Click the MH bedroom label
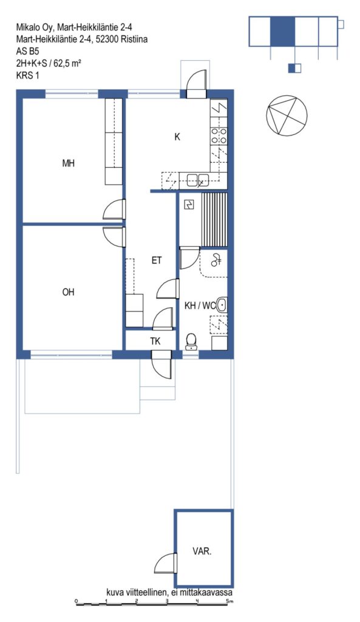point(68,163)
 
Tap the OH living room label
point(68,292)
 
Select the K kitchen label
point(177,137)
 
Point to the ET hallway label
point(157,261)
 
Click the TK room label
point(155,341)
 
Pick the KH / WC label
point(200,306)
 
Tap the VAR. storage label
point(202,552)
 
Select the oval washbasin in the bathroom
point(222,305)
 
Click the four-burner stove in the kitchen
point(219,135)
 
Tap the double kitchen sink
point(198,180)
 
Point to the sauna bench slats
point(214,219)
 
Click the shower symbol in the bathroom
point(217,260)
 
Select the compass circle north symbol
point(287,115)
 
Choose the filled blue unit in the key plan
point(283,31)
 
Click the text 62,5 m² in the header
point(68,63)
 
